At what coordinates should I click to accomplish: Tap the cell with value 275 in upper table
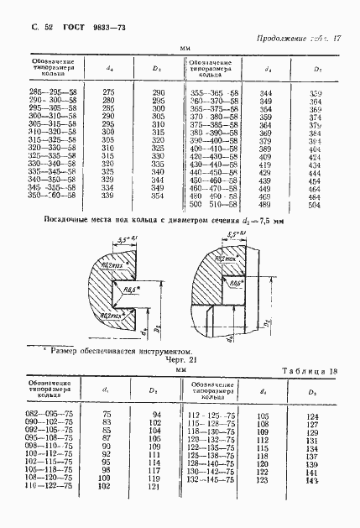click(x=108, y=91)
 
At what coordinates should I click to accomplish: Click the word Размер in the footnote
click(x=68, y=351)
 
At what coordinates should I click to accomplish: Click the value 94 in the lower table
click(x=154, y=414)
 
